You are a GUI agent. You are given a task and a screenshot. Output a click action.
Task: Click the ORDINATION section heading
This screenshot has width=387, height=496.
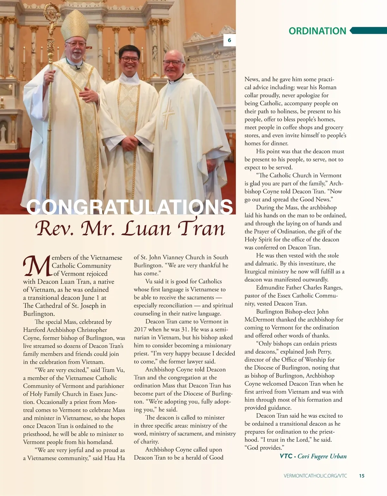pyautogui.click(x=317, y=31)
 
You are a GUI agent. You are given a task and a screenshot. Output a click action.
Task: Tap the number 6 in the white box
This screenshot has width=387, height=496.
pyautogui.click(x=229, y=40)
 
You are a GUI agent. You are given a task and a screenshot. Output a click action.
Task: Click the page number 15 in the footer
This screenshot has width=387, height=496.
pyautogui.click(x=362, y=476)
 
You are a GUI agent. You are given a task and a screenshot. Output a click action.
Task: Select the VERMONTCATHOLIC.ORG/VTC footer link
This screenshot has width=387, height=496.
pyautogui.click(x=315, y=476)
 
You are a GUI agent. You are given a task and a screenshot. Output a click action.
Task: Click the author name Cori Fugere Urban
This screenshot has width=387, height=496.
pyautogui.click(x=322, y=456)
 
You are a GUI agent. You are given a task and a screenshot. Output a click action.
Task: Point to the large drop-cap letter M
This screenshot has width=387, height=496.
pyautogui.click(x=36, y=266)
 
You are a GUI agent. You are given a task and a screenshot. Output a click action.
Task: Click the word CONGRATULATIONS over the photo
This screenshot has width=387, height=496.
pyautogui.click(x=129, y=207)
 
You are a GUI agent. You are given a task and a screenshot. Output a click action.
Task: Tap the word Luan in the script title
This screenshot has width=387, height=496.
pyautogui.click(x=147, y=228)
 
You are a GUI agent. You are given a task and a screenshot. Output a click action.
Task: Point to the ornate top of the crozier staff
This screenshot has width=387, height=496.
pyautogui.click(x=52, y=14)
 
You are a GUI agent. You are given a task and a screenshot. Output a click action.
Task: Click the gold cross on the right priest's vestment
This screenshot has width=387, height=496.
pyautogui.click(x=168, y=113)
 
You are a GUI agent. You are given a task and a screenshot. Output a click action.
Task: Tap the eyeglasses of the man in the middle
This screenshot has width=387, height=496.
pyautogui.click(x=130, y=60)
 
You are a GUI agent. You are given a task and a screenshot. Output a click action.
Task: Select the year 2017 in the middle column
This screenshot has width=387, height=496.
pyautogui.click(x=140, y=329)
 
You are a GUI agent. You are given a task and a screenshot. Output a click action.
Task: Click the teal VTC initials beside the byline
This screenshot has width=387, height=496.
pyautogui.click(x=286, y=456)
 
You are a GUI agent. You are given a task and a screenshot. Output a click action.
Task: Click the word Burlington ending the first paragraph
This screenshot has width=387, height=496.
pyautogui.click(x=39, y=314)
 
